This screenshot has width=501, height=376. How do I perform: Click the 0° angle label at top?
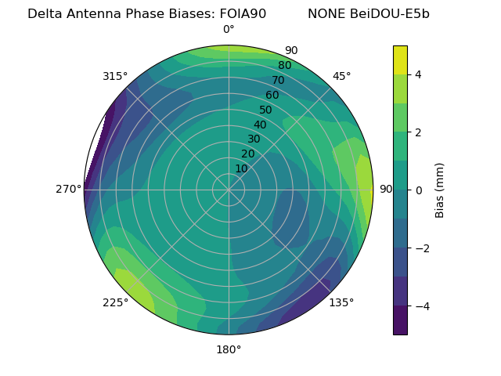pos(229,30)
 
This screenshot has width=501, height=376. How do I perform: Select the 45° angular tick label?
pos(341,76)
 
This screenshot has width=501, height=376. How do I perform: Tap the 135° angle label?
pos(341,302)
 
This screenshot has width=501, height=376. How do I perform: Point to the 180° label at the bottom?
pos(229,349)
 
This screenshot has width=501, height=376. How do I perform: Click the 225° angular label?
pos(115,302)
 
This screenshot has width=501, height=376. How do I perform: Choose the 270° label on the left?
pos(68,190)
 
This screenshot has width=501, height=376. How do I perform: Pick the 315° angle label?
pos(115,76)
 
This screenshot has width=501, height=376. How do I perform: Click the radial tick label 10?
pos(241,168)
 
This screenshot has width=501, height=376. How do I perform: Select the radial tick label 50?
pos(265,110)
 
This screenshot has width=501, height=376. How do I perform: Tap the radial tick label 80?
pos(284,66)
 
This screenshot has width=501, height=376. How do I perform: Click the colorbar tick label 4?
pos(419,74)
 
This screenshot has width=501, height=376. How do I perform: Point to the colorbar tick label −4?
pos(422,305)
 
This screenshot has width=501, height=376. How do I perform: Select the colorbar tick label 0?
pos(419,190)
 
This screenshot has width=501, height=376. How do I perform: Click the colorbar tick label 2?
pos(419,132)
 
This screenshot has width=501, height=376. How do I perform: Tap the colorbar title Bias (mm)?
pos(440,190)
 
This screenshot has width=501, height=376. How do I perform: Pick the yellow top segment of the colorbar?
pos(400,60)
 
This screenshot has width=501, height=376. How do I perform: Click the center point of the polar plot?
pos(229,190)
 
